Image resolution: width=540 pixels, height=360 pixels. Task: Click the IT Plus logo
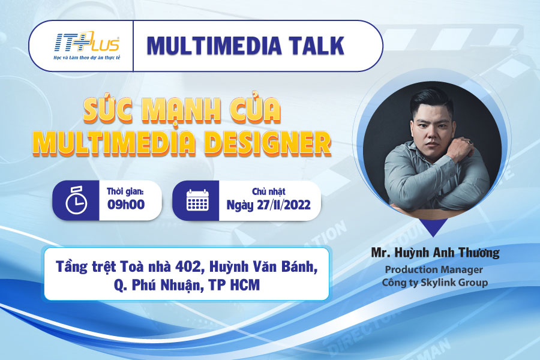[x=87, y=46]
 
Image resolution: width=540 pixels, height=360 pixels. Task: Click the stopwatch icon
[x=76, y=200]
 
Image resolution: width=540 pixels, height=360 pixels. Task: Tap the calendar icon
[x=197, y=200]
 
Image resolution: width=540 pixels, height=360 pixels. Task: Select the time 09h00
[x=126, y=205]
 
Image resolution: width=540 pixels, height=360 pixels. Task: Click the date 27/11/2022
[x=284, y=205]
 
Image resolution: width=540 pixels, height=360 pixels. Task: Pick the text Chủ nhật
[x=269, y=191]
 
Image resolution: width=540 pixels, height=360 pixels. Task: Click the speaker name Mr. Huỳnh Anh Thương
[x=436, y=253]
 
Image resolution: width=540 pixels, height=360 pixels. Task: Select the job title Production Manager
[x=434, y=269]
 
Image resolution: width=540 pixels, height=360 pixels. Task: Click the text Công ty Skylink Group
[x=435, y=283]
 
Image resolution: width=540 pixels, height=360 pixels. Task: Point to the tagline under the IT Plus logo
[x=87, y=58]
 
